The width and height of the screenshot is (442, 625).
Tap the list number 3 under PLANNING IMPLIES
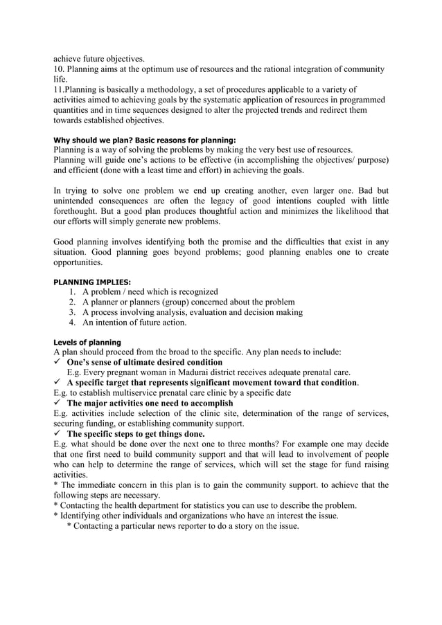tap(73, 312)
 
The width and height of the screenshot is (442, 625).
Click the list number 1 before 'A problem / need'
tap(73, 291)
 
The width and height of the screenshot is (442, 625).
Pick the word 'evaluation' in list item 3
tap(206, 312)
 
